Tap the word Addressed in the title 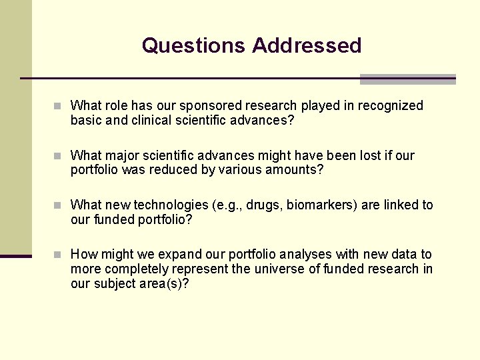click(307, 45)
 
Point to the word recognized click(391, 105)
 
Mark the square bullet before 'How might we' click(59, 255)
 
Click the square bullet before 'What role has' click(59, 106)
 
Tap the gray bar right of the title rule click(407, 79)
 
